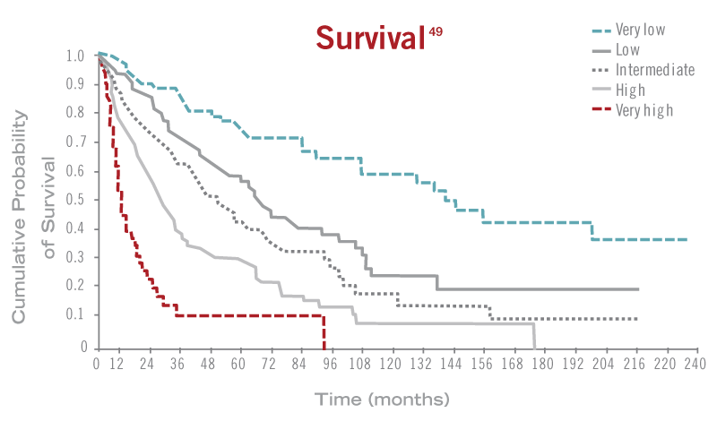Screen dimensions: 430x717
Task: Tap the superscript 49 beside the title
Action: coord(434,31)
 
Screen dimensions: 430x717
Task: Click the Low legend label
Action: coord(627,50)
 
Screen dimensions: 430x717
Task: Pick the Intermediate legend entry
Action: coord(654,70)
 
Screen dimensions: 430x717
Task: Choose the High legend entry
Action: coord(630,90)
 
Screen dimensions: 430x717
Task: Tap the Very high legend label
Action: coord(644,109)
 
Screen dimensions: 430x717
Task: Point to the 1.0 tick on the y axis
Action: coord(75,56)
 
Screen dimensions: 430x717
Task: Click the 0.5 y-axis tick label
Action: coord(75,200)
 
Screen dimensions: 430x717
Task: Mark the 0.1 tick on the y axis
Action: coord(75,314)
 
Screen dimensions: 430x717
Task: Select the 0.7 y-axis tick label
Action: coord(75,142)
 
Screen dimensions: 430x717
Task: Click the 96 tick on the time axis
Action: coord(331,365)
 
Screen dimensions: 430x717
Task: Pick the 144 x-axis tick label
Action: coord(451,365)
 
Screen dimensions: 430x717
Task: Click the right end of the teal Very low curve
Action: coord(687,239)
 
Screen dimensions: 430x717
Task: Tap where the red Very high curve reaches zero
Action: coord(324,347)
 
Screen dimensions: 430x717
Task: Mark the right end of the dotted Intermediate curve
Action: coord(637,319)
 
